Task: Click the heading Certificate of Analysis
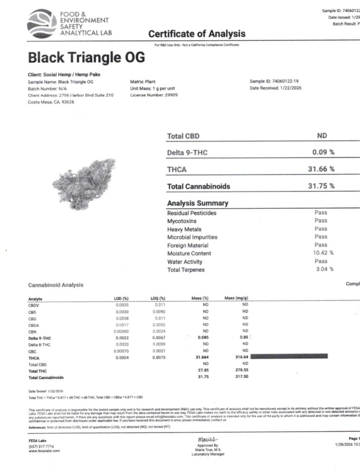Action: [x=197, y=34]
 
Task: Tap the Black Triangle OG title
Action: [x=86, y=57]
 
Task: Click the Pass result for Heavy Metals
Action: [x=321, y=229]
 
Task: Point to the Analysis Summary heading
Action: [x=197, y=203]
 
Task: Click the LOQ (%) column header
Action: [x=157, y=298]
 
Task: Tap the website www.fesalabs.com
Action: [x=44, y=451]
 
